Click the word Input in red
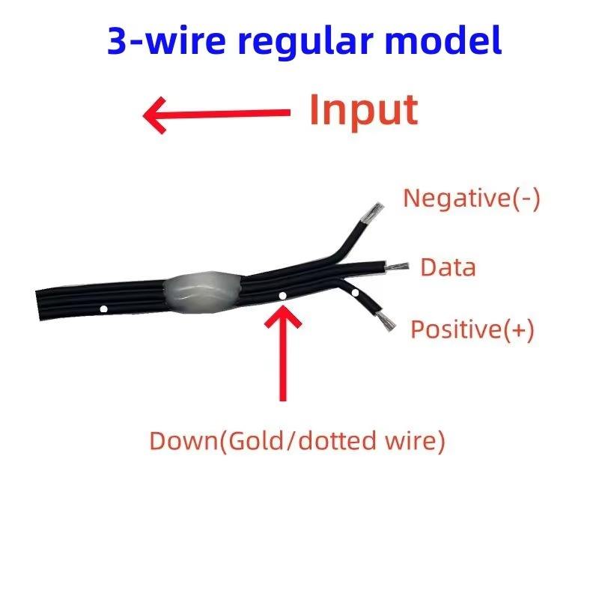(x=363, y=111)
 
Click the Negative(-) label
(x=471, y=199)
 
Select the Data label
(x=448, y=267)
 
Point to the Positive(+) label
(x=472, y=329)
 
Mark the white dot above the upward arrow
(x=282, y=296)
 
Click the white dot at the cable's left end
(x=103, y=308)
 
